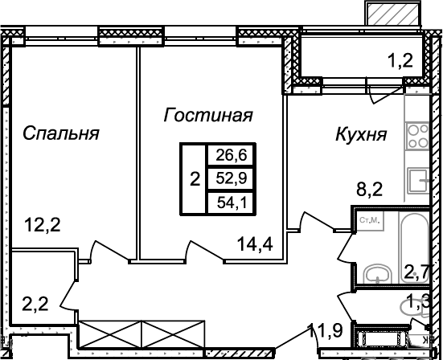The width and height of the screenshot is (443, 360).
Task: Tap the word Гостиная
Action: click(208, 116)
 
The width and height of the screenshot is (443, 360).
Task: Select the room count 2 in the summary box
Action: click(194, 178)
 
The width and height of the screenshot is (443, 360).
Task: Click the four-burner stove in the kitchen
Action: click(417, 138)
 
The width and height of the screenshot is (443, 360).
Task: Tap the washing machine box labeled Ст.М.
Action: click(369, 219)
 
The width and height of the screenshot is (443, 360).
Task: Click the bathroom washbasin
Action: click(377, 273)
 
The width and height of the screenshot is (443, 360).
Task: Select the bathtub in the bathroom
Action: click(416, 241)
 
